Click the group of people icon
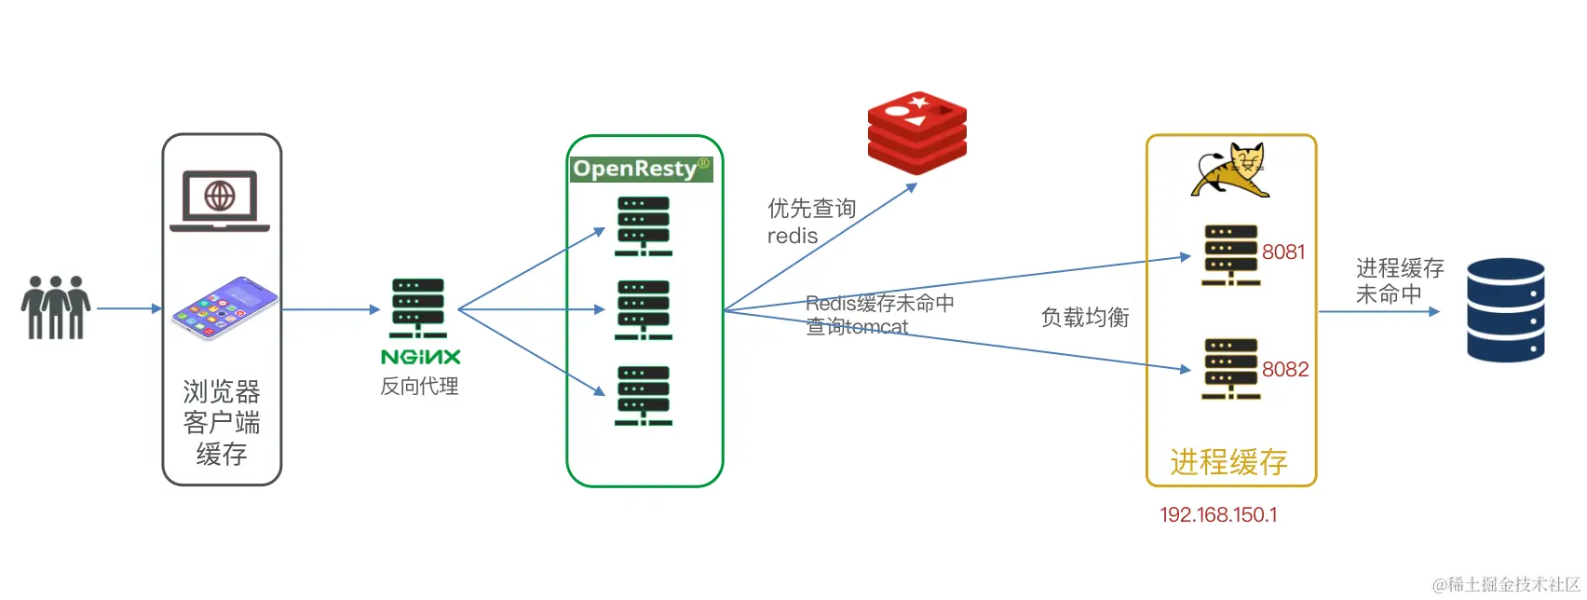tap(56, 307)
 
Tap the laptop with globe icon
tap(220, 200)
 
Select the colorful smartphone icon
tap(224, 307)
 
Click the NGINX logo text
tap(421, 357)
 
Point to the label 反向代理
tap(419, 387)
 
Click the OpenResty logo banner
tap(641, 169)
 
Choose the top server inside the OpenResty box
tap(643, 225)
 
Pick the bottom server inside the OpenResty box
tap(643, 396)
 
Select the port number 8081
tap(1283, 252)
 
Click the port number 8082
tap(1285, 370)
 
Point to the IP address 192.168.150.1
tap(1218, 515)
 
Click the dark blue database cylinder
tap(1505, 310)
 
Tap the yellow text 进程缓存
tap(1228, 462)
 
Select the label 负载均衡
tap(1085, 318)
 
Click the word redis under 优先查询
tap(793, 237)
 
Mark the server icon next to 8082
tap(1230, 369)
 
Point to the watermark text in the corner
tap(1506, 584)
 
